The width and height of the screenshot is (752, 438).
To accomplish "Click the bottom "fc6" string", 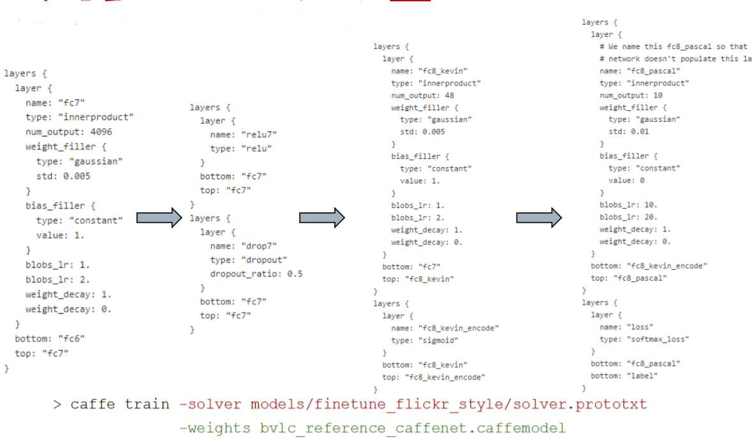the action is tap(73, 338).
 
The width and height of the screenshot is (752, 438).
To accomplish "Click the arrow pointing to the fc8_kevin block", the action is tap(322, 218).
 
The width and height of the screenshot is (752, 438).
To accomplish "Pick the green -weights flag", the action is tap(216, 427).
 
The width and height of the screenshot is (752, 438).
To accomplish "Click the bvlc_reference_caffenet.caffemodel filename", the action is tap(412, 427).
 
